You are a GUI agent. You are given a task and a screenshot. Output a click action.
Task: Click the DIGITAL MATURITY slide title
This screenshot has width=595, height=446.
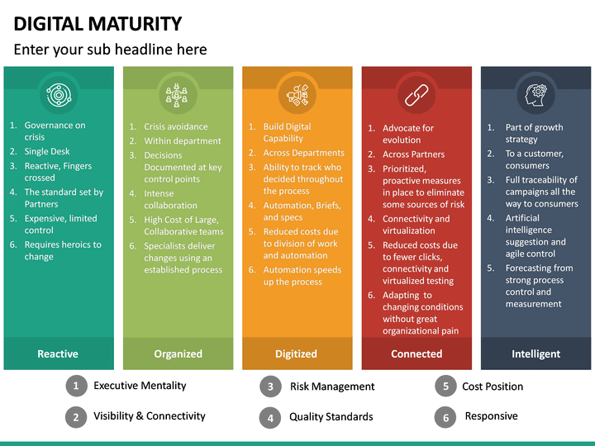click(98, 23)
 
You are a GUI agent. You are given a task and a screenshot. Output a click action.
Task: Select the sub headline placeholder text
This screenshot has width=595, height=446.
click(110, 50)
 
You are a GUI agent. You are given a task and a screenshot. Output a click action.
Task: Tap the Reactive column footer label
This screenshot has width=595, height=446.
click(58, 353)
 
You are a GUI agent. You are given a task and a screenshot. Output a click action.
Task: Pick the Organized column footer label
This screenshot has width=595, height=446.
click(178, 353)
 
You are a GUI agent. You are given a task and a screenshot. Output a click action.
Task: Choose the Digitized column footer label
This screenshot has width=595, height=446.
click(296, 353)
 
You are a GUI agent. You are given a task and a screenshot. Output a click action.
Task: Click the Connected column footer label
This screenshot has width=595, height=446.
click(416, 353)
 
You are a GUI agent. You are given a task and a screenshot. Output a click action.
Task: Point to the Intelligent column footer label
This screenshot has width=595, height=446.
click(535, 353)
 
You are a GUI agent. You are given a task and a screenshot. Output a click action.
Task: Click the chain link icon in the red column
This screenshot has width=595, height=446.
click(416, 95)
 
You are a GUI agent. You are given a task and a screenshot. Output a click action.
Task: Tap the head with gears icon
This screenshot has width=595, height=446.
click(535, 94)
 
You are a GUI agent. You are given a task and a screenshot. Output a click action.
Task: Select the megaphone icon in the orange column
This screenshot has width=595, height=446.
click(297, 95)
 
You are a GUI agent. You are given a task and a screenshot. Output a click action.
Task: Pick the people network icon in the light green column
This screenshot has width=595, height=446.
click(178, 95)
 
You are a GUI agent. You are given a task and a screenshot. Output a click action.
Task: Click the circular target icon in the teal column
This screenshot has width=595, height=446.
click(59, 95)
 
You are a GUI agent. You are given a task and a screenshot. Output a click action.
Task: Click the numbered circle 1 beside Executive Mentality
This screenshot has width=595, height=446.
click(76, 386)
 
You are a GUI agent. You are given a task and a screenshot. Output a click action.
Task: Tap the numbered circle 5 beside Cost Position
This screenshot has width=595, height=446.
click(445, 386)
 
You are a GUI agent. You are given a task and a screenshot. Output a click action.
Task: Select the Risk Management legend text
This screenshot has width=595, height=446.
click(332, 387)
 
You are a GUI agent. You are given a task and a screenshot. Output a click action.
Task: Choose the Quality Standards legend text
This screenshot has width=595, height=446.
click(331, 417)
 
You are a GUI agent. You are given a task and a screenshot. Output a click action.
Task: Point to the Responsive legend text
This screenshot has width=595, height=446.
click(491, 416)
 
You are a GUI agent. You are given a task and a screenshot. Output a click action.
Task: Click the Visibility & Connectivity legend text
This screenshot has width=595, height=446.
click(149, 416)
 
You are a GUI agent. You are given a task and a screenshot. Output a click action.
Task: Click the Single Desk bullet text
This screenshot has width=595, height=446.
click(47, 151)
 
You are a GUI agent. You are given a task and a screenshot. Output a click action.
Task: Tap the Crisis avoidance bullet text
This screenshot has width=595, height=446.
click(176, 127)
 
